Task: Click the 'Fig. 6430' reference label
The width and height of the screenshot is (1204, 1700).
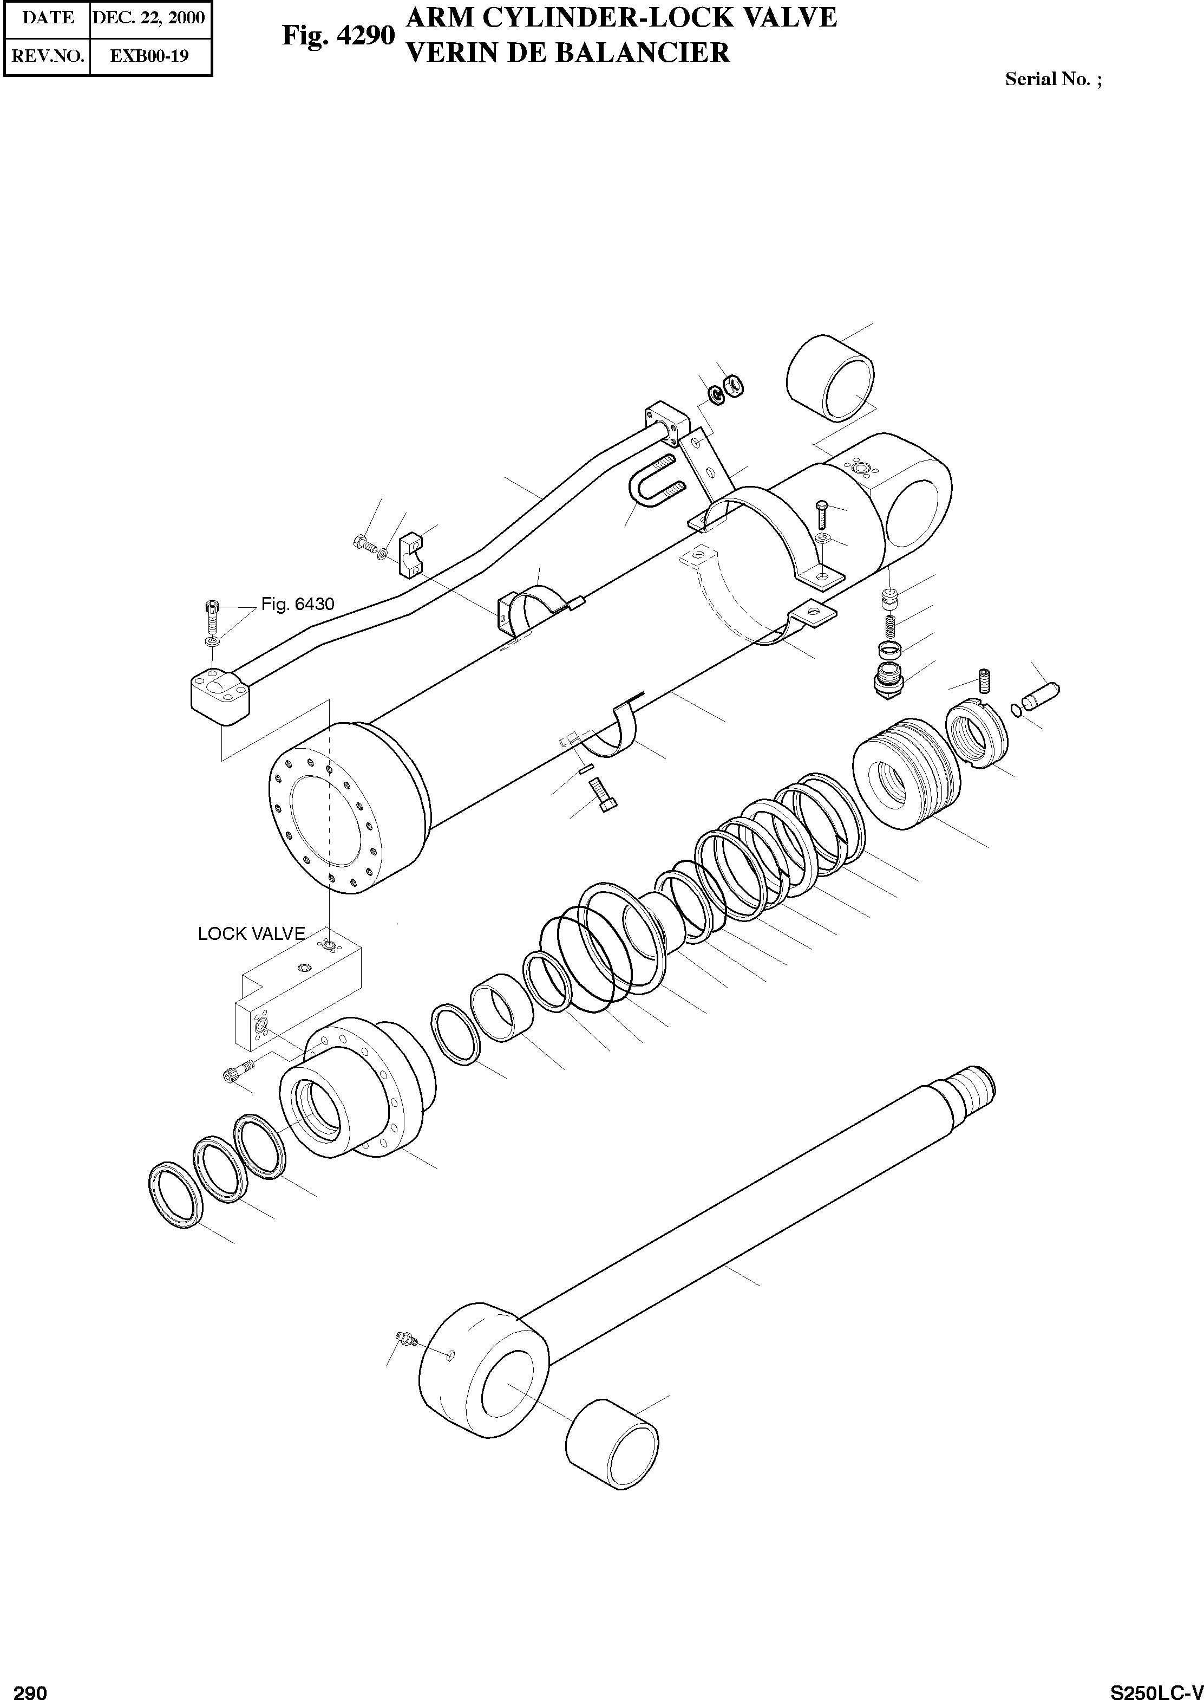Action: coord(297,605)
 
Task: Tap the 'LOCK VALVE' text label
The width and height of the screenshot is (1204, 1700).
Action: coord(251,934)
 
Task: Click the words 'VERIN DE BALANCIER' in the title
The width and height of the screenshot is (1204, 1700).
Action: coord(568,53)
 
